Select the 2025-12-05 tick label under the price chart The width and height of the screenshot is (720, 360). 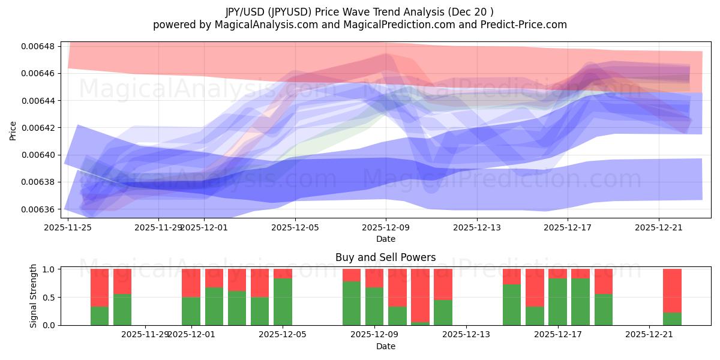pos(295,227)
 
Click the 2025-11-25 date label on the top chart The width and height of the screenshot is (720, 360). pos(68,227)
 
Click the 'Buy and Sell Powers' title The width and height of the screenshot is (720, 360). pos(386,258)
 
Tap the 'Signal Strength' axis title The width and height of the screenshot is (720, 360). pos(34,296)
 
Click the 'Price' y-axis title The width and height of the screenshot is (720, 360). pos(13,130)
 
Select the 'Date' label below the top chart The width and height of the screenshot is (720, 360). pos(386,239)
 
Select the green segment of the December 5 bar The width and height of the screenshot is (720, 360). pos(283,302)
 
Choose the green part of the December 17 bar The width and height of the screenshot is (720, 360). pos(557,302)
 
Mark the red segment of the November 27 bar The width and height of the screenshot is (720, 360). pos(122,281)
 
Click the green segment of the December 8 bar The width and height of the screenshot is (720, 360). pos(352,304)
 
